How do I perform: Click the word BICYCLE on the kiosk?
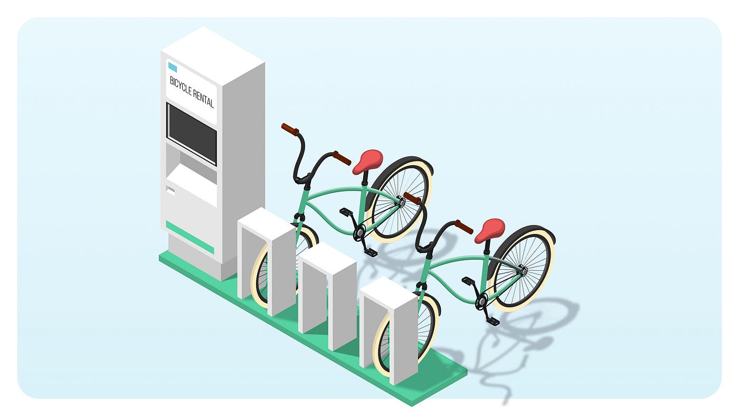pyautogui.click(x=181, y=85)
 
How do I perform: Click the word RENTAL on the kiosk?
pyautogui.click(x=204, y=97)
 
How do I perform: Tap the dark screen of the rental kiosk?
pyautogui.click(x=192, y=134)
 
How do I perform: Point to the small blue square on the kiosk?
pyautogui.click(x=172, y=67)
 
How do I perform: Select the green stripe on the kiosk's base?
pyautogui.click(x=190, y=238)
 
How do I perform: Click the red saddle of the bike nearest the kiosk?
pyautogui.click(x=367, y=160)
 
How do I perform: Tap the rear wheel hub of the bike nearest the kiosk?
pyautogui.click(x=402, y=202)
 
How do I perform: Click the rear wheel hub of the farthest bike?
pyautogui.click(x=524, y=270)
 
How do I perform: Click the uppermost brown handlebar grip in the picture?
pyautogui.click(x=290, y=129)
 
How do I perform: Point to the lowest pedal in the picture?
pyautogui.click(x=492, y=321)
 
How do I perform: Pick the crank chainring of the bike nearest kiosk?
pyautogui.click(x=359, y=232)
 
